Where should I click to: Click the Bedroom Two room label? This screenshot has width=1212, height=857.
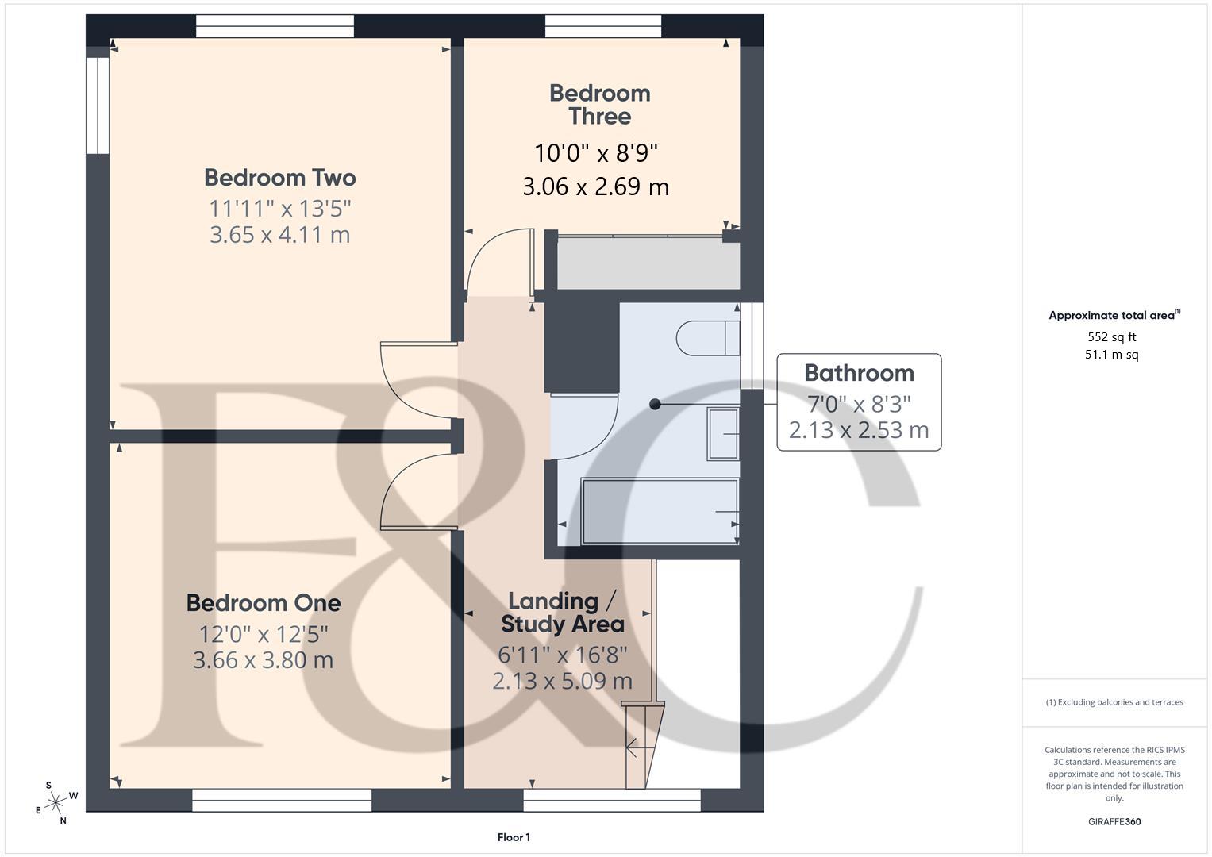click(x=279, y=177)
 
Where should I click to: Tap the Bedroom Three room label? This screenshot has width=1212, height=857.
click(x=599, y=105)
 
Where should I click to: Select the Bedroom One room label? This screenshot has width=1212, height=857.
click(x=264, y=603)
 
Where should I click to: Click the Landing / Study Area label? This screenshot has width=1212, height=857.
click(x=562, y=613)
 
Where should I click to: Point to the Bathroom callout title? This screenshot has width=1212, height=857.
click(x=859, y=373)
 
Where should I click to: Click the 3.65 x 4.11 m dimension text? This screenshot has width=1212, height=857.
click(x=279, y=235)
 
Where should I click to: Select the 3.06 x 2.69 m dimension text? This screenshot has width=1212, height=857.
click(x=595, y=187)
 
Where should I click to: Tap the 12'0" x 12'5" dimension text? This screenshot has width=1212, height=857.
click(x=264, y=634)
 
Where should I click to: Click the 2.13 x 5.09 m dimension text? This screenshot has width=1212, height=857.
click(x=562, y=681)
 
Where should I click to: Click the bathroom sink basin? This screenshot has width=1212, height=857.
click(x=722, y=433)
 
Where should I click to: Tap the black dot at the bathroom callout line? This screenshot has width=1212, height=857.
click(x=655, y=404)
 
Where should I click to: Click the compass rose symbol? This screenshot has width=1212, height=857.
click(x=56, y=804)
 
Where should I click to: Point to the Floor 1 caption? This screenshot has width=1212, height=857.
click(x=514, y=837)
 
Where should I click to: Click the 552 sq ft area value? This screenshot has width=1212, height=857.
click(x=1111, y=337)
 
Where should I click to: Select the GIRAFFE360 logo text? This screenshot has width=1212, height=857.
click(x=1114, y=822)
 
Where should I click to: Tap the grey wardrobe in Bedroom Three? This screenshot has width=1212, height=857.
click(x=648, y=264)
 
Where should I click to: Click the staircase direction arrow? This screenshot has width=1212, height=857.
click(x=633, y=746)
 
